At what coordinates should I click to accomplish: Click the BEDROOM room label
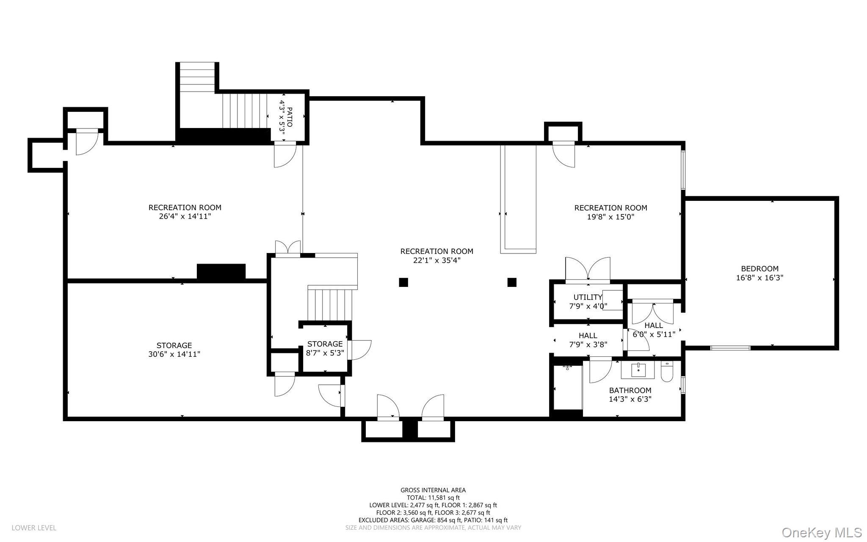759,269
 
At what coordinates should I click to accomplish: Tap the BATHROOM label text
630,390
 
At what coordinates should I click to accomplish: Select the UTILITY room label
588,297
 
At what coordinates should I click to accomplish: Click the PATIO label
290,117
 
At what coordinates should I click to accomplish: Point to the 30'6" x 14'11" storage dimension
174,354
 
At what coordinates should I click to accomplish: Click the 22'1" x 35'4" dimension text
437,260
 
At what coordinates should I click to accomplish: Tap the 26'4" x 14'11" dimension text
185,217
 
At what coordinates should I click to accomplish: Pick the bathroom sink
638,370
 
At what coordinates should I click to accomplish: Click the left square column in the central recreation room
403,282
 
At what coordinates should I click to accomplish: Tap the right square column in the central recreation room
512,282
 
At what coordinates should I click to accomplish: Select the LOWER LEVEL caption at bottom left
34,528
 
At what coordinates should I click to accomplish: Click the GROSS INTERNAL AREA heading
433,490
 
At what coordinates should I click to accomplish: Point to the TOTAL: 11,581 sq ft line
433,498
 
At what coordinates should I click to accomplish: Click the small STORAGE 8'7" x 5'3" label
325,348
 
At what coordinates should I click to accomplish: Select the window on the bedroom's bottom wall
730,348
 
